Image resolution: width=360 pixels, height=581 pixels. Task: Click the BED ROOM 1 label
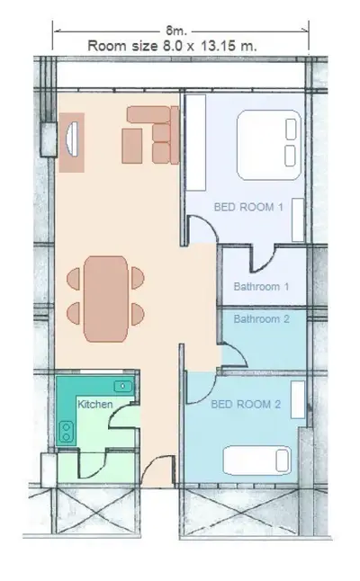[x=248, y=207]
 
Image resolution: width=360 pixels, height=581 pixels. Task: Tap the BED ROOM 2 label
[x=246, y=405]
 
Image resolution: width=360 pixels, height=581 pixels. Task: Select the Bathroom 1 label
[x=261, y=288]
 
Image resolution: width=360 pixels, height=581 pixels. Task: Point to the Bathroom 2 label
[x=261, y=318]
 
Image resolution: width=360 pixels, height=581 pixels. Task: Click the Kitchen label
[x=95, y=405]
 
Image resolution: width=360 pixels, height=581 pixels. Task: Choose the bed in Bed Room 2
[x=256, y=460]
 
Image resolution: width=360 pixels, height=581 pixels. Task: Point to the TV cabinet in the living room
[x=71, y=141]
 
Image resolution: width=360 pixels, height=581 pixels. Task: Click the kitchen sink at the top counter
[x=122, y=386]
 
